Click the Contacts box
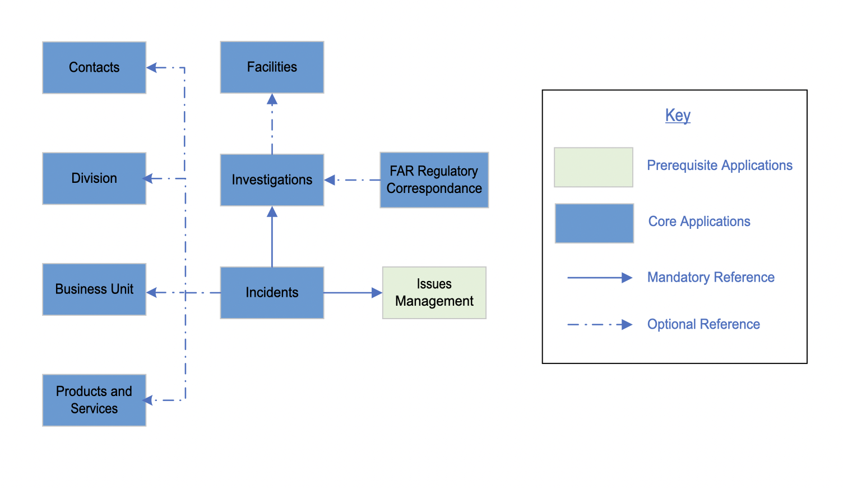pos(94,67)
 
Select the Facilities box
pos(272,67)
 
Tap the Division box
pos(94,178)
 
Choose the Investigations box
pos(272,179)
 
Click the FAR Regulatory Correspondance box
pos(434,179)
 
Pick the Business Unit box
pos(94,289)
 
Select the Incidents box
pos(272,292)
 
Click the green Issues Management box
pos(434,292)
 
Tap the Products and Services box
pos(94,400)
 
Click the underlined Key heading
pos(678,115)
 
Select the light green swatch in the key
pos(593,167)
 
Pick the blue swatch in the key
pos(594,223)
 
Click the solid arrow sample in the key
pos(599,278)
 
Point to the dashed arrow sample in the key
pos(599,324)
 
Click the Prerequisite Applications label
pos(719,165)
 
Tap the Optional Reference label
pos(703,324)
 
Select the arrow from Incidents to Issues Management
pos(352,292)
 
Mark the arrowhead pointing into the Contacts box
pos(152,67)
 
